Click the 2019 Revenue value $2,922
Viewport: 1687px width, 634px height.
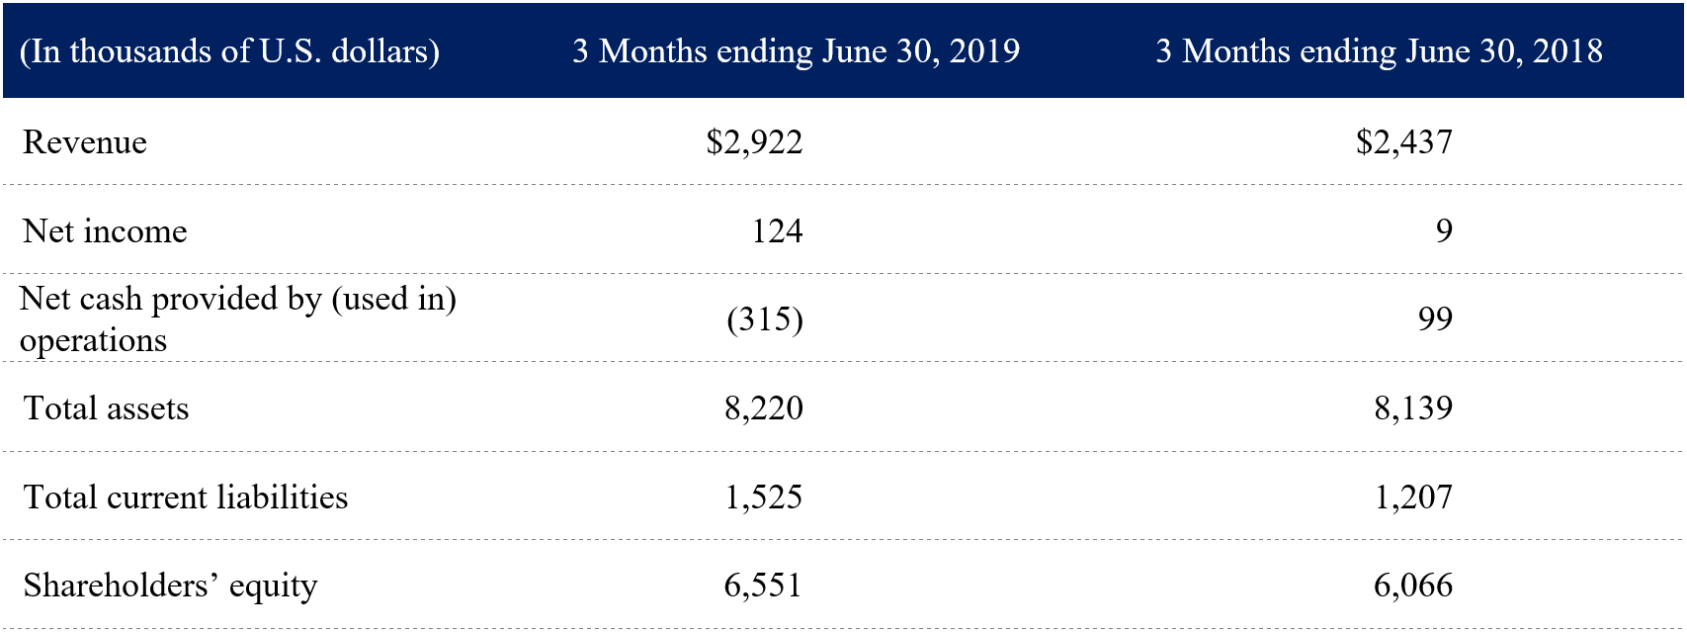pyautogui.click(x=754, y=142)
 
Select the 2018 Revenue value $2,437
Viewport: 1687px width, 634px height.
pyautogui.click(x=1403, y=142)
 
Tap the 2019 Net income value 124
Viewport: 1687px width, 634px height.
pyautogui.click(x=777, y=231)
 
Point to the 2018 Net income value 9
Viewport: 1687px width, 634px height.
pyautogui.click(x=1444, y=231)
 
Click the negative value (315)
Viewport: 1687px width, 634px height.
pyautogui.click(x=764, y=319)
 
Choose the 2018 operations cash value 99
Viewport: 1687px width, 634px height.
pyautogui.click(x=1435, y=319)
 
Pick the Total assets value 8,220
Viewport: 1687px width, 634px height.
pyautogui.click(x=763, y=408)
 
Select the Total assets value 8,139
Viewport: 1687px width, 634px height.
pyautogui.click(x=1413, y=408)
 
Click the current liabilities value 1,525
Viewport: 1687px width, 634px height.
pyautogui.click(x=763, y=497)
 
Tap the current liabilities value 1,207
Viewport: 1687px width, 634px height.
pyautogui.click(x=1413, y=497)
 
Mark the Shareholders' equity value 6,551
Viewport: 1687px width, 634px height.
pyautogui.click(x=763, y=586)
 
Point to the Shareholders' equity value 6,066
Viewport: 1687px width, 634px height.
pyautogui.click(x=1413, y=586)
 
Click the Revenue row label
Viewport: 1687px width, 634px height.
pyautogui.click(x=85, y=142)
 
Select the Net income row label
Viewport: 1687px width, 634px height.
pyautogui.click(x=105, y=231)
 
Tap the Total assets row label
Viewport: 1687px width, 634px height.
pyautogui.click(x=106, y=408)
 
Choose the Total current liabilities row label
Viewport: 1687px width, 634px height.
pyautogui.click(x=186, y=497)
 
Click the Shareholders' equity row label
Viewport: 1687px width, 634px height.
pyautogui.click(x=170, y=586)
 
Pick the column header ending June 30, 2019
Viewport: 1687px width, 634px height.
pyautogui.click(x=796, y=51)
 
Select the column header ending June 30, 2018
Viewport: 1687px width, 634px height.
pyautogui.click(x=1379, y=51)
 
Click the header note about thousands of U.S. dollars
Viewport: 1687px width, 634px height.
pyautogui.click(x=229, y=51)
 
